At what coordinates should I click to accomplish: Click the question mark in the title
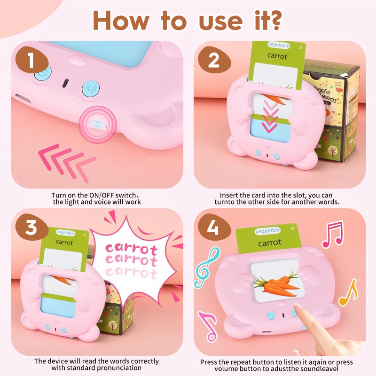pyautogui.click(x=272, y=20)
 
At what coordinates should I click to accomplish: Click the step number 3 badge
pyautogui.click(x=31, y=227)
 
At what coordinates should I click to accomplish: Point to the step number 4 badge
pyautogui.click(x=212, y=228)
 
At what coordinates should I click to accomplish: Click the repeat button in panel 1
pyautogui.click(x=43, y=72)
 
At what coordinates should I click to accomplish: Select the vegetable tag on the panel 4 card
pyautogui.click(x=267, y=231)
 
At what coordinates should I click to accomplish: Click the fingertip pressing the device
pyautogui.click(x=298, y=307)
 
